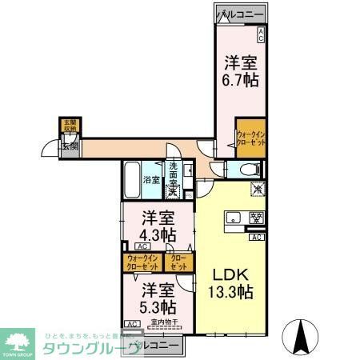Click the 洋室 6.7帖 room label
tap(240, 70)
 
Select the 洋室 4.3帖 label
tap(159, 226)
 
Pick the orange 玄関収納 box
tap(70, 126)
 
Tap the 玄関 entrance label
tap(69, 146)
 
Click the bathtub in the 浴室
tap(132, 179)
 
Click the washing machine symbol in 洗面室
tap(173, 191)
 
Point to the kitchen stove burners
tap(257, 217)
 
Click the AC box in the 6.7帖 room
tap(260, 33)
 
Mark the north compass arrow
tap(303, 337)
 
